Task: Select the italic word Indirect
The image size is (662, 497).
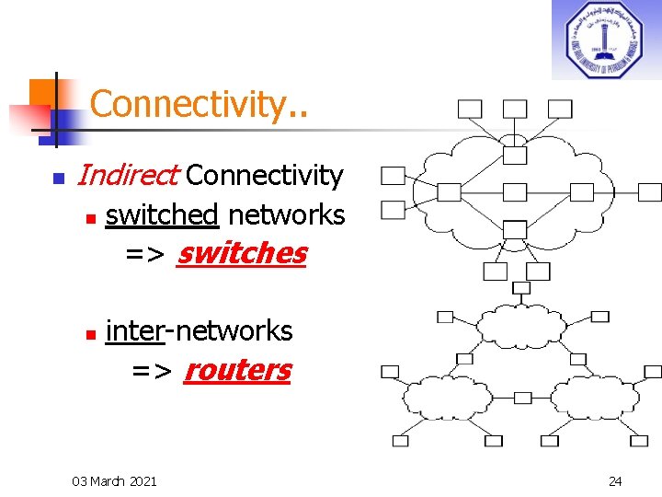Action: pos(129,175)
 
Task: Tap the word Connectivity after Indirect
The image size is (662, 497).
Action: pos(265,175)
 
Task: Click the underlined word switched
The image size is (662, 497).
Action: pos(162,215)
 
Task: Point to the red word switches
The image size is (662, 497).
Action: pos(241,253)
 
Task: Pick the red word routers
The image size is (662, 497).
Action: pos(237,370)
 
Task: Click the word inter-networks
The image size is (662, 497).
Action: pos(200,330)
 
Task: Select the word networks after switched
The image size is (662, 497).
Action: pos(286,215)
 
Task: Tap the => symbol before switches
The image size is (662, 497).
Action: pos(146,254)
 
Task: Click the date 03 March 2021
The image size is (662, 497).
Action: pos(114,480)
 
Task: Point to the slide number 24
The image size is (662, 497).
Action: pos(615,480)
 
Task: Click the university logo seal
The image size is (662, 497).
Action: pos(604,40)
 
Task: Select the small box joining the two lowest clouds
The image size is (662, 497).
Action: pos(522,398)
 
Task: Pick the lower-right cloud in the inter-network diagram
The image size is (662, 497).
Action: pos(592,399)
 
